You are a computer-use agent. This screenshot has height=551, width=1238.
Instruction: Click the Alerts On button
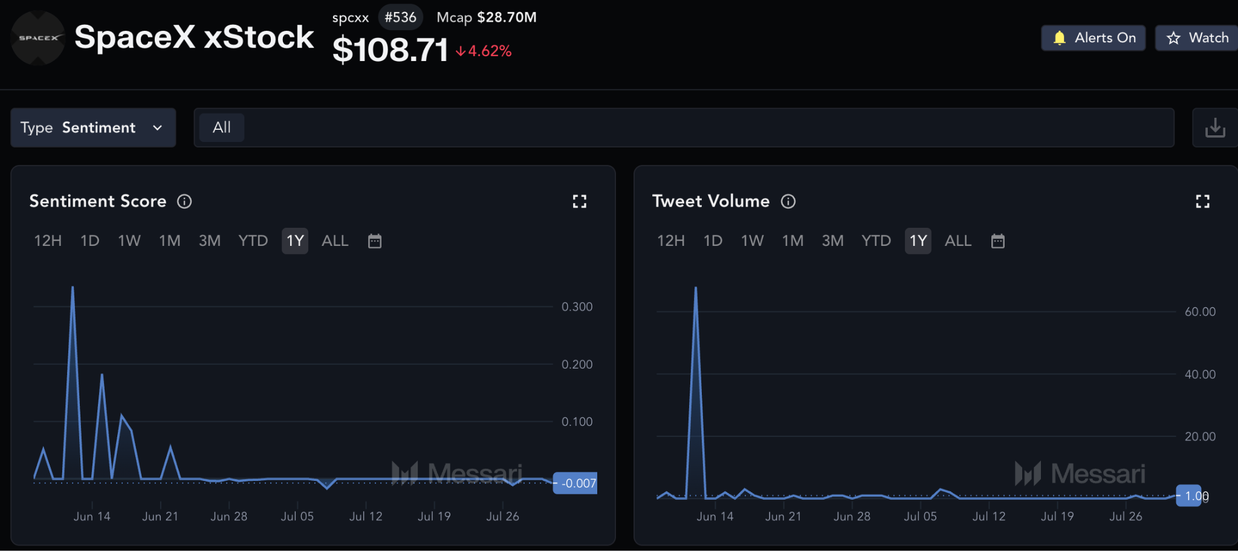click(1093, 38)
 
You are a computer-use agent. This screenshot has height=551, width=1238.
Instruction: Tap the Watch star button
click(1197, 38)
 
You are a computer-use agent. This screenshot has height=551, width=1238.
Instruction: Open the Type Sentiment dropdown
click(93, 127)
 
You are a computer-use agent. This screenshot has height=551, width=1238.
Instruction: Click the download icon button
click(1215, 127)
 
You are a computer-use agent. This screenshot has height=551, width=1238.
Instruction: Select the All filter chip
click(222, 127)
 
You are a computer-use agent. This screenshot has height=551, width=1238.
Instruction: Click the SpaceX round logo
click(38, 37)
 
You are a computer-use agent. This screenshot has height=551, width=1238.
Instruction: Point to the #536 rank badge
click(400, 17)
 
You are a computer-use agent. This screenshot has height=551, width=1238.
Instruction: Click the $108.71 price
click(390, 50)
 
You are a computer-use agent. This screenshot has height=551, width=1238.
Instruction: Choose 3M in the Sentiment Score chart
click(210, 241)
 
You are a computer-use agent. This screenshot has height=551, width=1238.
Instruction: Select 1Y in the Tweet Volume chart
click(918, 241)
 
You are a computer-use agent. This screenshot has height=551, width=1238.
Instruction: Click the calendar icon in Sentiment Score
click(375, 241)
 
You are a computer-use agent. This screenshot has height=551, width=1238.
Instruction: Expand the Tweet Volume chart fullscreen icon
click(1203, 201)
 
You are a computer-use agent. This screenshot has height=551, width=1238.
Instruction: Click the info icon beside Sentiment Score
click(184, 201)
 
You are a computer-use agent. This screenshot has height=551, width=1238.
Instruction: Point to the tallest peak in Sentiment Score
click(73, 287)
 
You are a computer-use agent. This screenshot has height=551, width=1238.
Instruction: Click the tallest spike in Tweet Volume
click(696, 288)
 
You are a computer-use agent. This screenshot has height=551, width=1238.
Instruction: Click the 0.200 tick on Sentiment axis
click(577, 364)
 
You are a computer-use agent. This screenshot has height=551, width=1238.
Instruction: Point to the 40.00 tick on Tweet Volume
click(1200, 375)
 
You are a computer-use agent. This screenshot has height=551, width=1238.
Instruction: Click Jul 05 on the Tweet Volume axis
click(921, 517)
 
